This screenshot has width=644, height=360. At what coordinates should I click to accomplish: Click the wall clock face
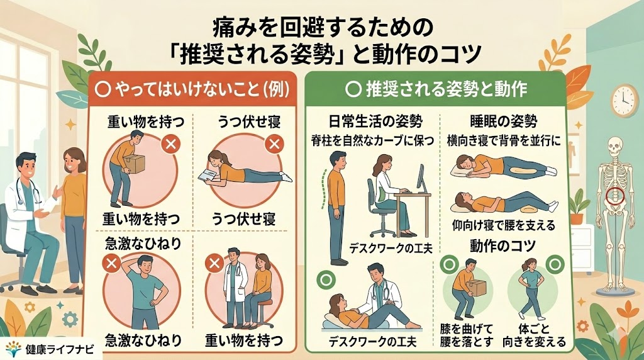pyautogui.click(x=624, y=101)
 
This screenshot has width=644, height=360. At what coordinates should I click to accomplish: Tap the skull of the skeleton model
pyautogui.click(x=615, y=146)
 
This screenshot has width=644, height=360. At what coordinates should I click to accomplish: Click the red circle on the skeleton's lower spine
pyautogui.click(x=615, y=196)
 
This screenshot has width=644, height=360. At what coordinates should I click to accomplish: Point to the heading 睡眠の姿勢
pyautogui.click(x=503, y=122)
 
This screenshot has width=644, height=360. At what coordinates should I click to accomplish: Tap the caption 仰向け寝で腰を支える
pyautogui.click(x=503, y=225)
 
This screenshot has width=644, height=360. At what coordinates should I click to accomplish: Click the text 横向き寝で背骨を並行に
pyautogui.click(x=503, y=142)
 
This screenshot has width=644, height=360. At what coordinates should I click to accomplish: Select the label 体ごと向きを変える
pyautogui.click(x=535, y=335)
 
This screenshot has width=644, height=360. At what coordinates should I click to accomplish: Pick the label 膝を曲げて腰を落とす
pyautogui.click(x=466, y=335)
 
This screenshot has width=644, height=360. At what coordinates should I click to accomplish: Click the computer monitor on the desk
pyautogui.click(x=421, y=179)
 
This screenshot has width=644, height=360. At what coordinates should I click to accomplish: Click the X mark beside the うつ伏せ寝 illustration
pyautogui.click(x=274, y=144)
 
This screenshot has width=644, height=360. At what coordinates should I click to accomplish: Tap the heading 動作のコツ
pyautogui.click(x=503, y=245)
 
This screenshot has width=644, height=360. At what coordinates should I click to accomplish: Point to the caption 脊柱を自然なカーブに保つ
pyautogui.click(x=373, y=142)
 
